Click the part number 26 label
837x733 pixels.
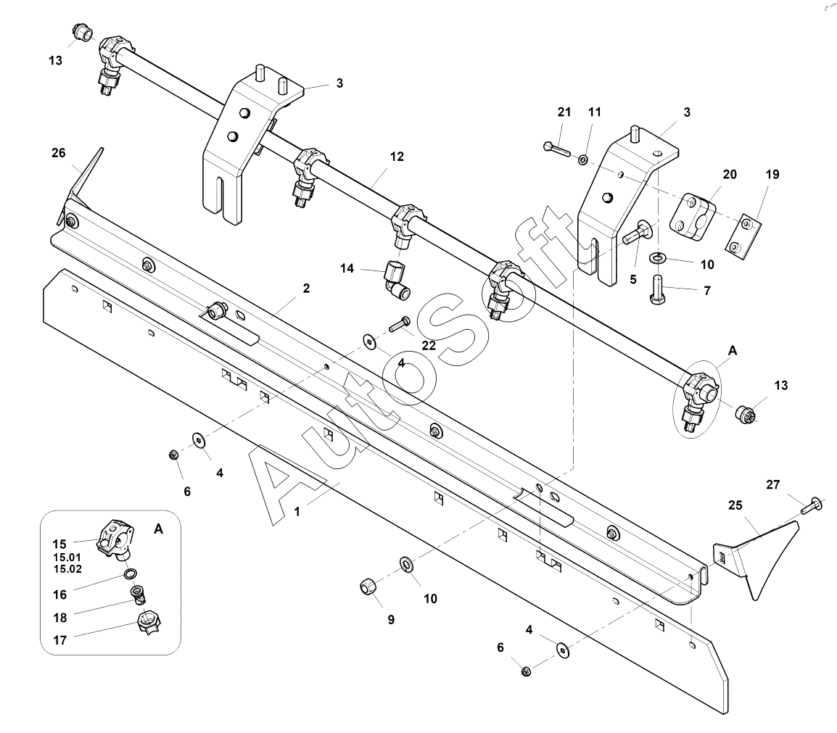click(59, 153)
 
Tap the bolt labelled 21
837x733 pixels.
click(556, 149)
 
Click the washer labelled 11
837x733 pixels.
click(583, 158)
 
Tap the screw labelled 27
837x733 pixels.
click(811, 505)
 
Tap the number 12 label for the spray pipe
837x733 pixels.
click(396, 156)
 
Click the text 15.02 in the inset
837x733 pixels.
click(67, 569)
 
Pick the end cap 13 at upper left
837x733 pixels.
click(81, 33)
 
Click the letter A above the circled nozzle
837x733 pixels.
click(732, 351)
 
